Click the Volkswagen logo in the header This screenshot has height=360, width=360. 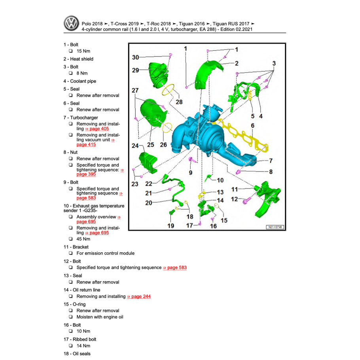coord(72,24)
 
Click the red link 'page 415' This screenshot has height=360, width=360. coord(86,144)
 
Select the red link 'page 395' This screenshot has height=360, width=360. coord(86,174)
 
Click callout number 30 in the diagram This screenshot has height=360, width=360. coord(135,57)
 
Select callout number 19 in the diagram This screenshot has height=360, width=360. coord(171,226)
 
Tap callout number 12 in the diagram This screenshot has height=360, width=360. coord(235,199)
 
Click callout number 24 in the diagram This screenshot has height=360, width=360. coord(135,146)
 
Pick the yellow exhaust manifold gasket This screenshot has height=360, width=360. coord(245,135)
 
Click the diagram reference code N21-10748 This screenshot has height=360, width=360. coord(275,227)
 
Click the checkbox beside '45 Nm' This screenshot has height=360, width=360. coord(70,239)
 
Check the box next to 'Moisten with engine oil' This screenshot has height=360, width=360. coord(70,317)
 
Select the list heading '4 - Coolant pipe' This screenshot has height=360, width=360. coord(79,81)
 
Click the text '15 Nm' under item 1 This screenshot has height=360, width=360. coord(83,51)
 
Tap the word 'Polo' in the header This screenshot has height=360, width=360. coord(87,23)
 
